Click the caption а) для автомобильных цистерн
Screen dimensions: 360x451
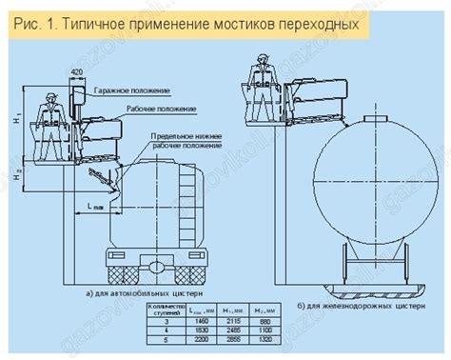(138, 294)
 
